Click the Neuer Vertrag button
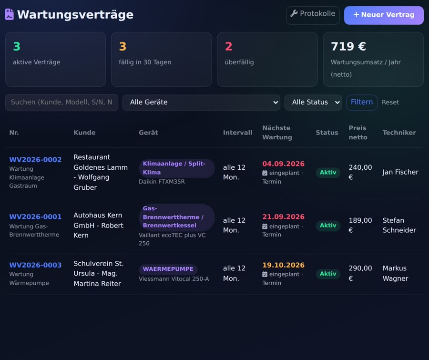click(x=384, y=15)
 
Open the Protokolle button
click(x=313, y=15)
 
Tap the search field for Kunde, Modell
click(x=61, y=103)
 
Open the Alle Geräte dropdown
click(x=201, y=103)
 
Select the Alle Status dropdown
click(x=313, y=103)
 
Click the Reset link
click(x=390, y=103)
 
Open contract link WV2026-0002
click(x=35, y=160)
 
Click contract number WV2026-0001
click(x=35, y=217)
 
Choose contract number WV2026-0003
click(x=35, y=265)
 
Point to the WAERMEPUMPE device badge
click(x=168, y=269)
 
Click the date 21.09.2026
click(x=283, y=217)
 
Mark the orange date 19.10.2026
click(x=283, y=265)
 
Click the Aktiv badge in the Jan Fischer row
click(x=328, y=173)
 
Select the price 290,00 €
click(x=360, y=273)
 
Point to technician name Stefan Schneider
click(x=399, y=226)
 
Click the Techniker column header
click(x=399, y=133)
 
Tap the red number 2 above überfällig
click(x=228, y=47)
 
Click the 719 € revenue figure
click(x=348, y=47)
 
